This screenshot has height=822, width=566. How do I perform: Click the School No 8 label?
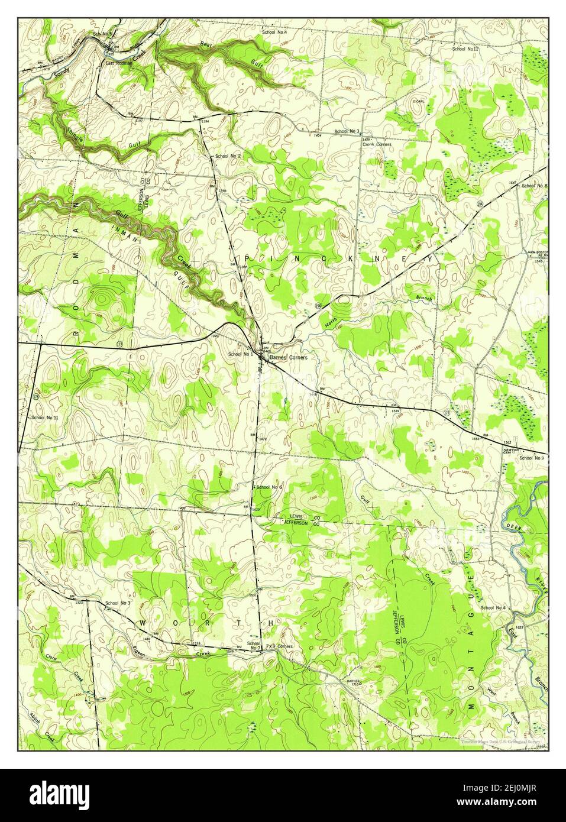click(534, 186)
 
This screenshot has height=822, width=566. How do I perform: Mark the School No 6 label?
click(269, 487)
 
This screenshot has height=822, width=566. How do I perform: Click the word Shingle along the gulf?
click(76, 136)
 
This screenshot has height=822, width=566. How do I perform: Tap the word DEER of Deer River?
click(512, 526)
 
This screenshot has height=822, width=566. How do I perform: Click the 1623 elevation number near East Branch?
click(503, 626)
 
